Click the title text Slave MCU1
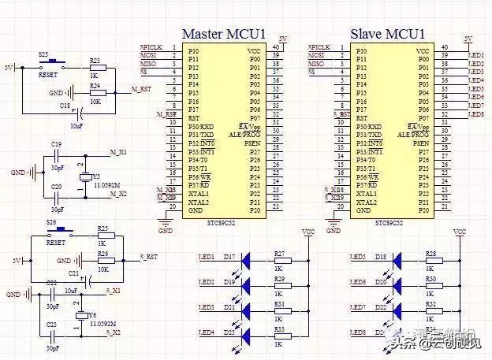pos(388,35)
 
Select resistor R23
pos(95,69)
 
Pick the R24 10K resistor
pos(95,93)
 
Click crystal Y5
pos(84,177)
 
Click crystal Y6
pos(80,317)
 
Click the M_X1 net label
pos(118,152)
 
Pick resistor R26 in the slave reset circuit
pos(102,260)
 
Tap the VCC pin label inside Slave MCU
pos(423,50)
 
